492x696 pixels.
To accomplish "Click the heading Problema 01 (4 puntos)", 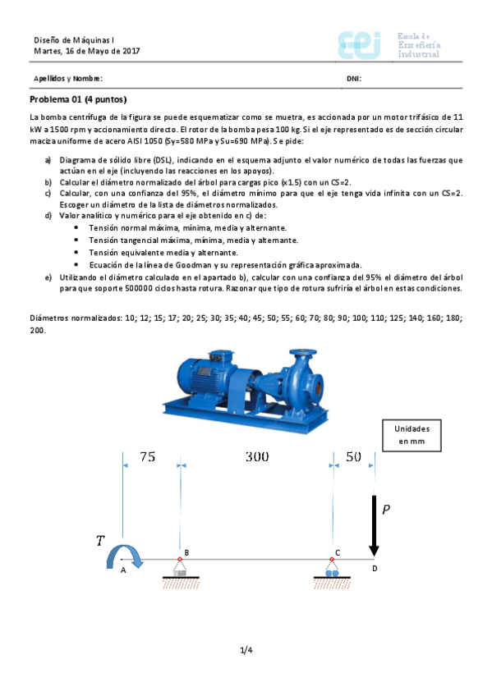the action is pyautogui.click(x=78, y=99).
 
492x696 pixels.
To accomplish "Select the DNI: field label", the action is pyautogui.click(x=354, y=79).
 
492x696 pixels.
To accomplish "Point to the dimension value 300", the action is pyautogui.click(x=257, y=457).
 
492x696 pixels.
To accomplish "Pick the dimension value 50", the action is pyautogui.click(x=353, y=457).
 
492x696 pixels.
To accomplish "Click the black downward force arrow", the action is pyautogui.click(x=375, y=525).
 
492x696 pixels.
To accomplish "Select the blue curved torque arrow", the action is pyautogui.click(x=126, y=556).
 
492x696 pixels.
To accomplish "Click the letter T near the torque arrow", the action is pyautogui.click(x=100, y=541).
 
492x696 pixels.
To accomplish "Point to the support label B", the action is pyautogui.click(x=186, y=553).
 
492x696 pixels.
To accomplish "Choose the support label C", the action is pyautogui.click(x=337, y=553).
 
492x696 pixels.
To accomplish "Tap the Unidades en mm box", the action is pyautogui.click(x=412, y=435).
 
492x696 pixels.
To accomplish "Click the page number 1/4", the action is pyautogui.click(x=246, y=651).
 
